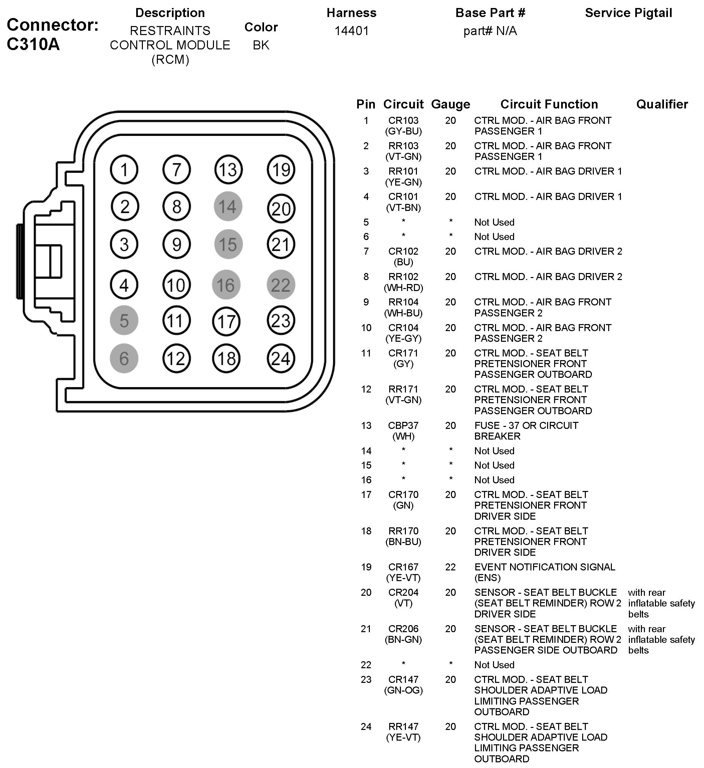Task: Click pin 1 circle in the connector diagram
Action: click(x=124, y=170)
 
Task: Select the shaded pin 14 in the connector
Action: click(x=228, y=207)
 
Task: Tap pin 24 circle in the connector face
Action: click(x=281, y=358)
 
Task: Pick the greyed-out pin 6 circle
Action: click(x=124, y=358)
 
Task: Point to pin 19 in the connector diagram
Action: click(x=281, y=170)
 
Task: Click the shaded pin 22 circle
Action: click(x=281, y=285)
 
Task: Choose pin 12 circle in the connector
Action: click(x=176, y=358)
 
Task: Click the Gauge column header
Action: click(x=450, y=104)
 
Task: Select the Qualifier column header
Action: click(x=662, y=104)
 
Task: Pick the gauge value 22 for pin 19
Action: click(x=450, y=567)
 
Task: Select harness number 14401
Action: click(x=351, y=30)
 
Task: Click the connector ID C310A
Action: click(x=33, y=44)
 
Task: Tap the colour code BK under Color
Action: click(x=261, y=45)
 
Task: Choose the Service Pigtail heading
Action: click(x=628, y=13)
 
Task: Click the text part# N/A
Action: click(x=490, y=30)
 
